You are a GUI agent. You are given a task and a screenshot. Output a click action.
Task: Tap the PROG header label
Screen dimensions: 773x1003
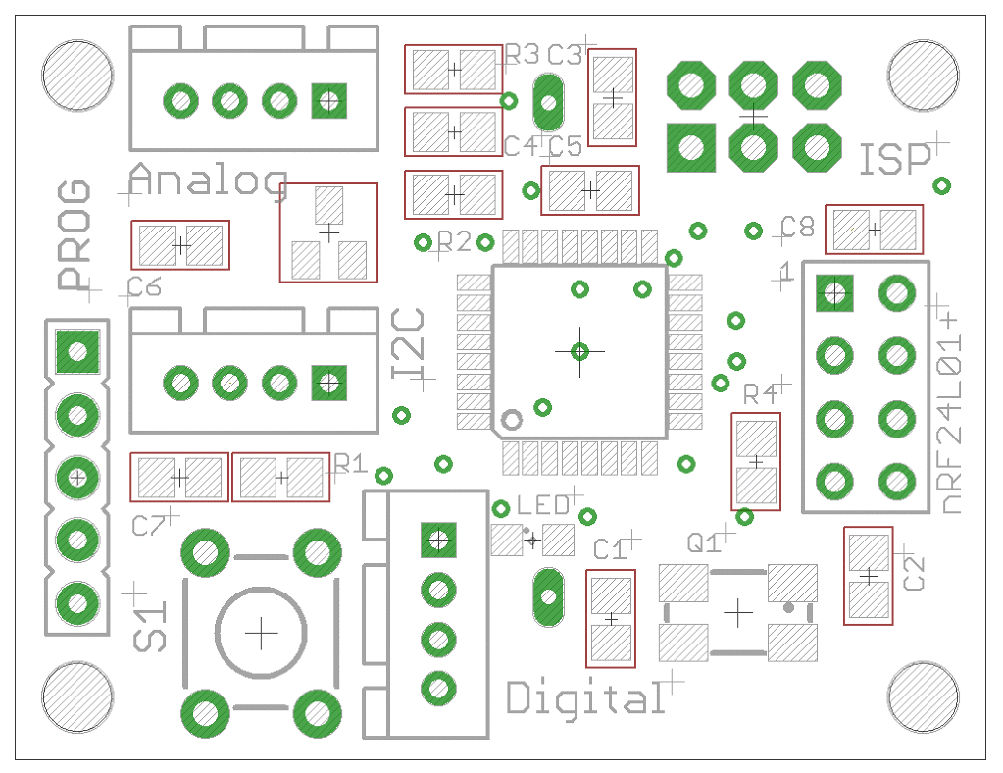point(75,234)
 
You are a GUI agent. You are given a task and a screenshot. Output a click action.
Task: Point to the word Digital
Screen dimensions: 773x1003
point(585,697)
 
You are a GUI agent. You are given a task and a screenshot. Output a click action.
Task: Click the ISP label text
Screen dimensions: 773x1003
point(894,160)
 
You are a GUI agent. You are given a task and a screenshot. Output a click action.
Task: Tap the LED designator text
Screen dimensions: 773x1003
point(543,506)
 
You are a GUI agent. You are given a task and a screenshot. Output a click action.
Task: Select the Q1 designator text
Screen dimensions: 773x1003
point(704,542)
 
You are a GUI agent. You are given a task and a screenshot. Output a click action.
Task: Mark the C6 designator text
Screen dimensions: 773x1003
point(144,287)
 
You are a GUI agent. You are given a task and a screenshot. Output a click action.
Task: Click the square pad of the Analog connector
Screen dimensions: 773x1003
point(329,99)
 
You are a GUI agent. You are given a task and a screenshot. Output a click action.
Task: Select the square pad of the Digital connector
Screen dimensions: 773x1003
point(438,539)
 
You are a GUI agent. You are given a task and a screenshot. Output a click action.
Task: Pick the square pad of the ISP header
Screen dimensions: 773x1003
point(690,148)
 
